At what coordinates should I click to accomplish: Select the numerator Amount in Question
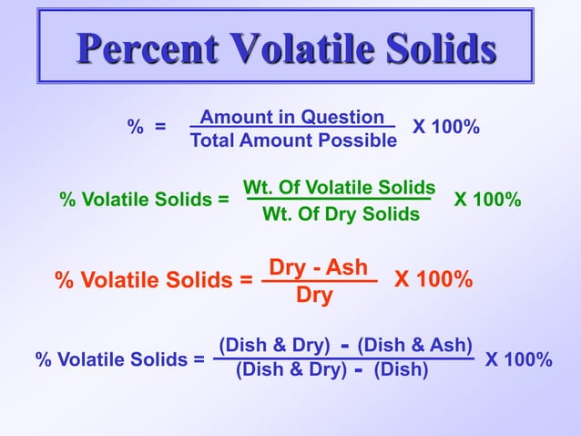click(x=291, y=117)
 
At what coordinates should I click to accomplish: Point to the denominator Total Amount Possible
click(x=293, y=140)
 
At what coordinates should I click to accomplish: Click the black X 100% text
click(x=445, y=127)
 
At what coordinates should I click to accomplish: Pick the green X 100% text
click(x=487, y=199)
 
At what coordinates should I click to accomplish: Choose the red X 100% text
click(x=433, y=279)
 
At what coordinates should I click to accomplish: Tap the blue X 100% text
click(x=518, y=359)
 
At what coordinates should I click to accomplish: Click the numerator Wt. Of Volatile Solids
click(x=339, y=187)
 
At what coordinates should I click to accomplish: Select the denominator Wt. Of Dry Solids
click(x=341, y=214)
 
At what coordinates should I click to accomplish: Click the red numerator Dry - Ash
click(x=318, y=267)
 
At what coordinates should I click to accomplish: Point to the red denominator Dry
click(x=314, y=296)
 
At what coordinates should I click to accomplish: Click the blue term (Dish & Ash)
click(x=414, y=345)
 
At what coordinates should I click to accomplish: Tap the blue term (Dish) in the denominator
click(x=401, y=370)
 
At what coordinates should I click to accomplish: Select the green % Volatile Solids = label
click(x=144, y=199)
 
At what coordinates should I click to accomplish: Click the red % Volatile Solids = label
click(x=154, y=280)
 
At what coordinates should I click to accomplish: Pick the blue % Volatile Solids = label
click(x=119, y=359)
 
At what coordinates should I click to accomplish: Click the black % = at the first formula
click(x=146, y=128)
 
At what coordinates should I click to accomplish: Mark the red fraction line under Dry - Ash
click(x=319, y=282)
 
